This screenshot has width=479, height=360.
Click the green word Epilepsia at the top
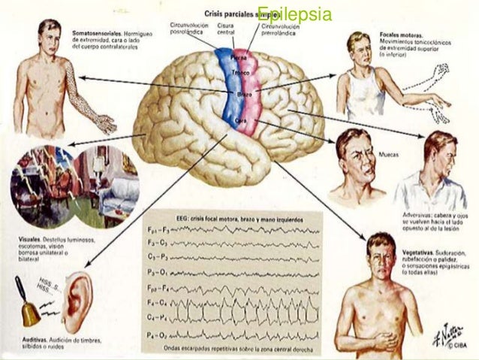pos(288,15)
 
